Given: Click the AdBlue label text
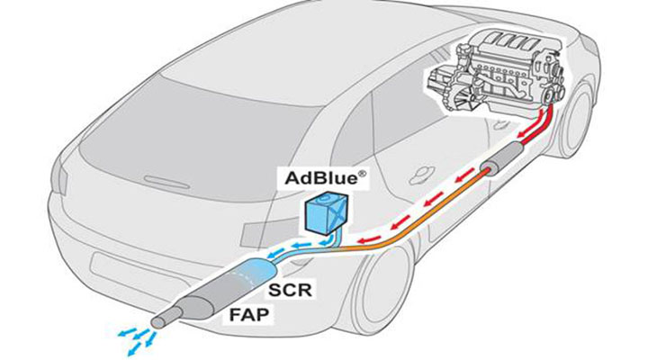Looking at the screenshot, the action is pos(322,177).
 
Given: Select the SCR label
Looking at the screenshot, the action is pos(290,290).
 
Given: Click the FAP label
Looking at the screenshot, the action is pos(248,315).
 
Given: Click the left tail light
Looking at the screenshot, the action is pos(63,178).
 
